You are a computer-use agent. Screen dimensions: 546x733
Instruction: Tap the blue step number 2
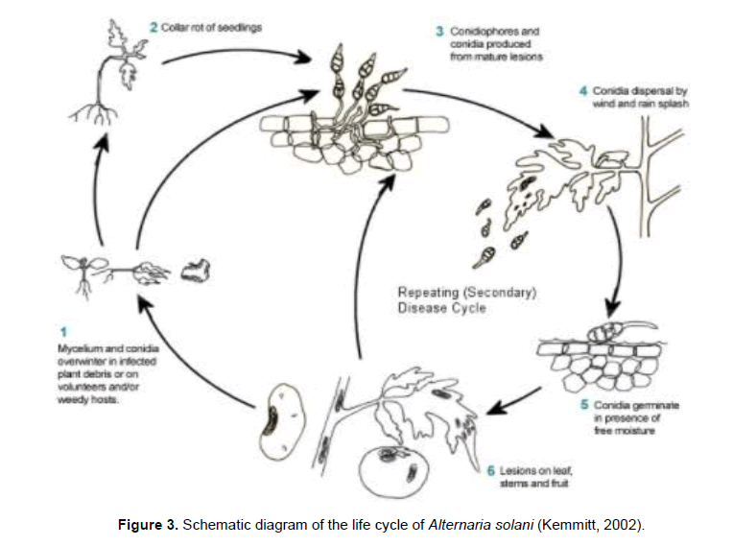coord(153,28)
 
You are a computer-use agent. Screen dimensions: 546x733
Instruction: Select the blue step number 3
coord(440,32)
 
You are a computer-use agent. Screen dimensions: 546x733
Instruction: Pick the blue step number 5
coord(584,406)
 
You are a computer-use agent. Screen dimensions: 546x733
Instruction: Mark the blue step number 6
coord(490,471)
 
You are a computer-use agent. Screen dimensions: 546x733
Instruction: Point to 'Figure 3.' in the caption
coord(150,525)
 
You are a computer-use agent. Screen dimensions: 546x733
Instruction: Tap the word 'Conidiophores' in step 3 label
coord(495,32)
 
